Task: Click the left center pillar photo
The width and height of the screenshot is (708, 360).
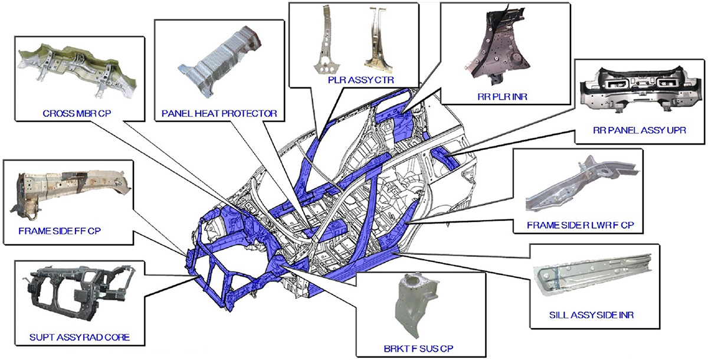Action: click(327, 41)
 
